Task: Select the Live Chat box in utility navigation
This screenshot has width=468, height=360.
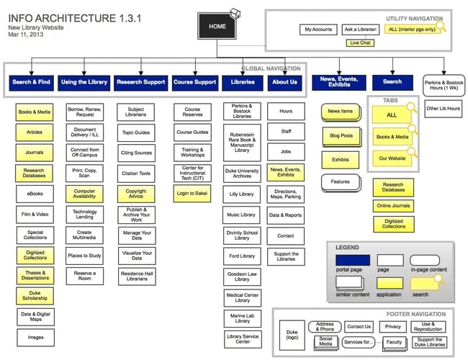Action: click(x=360, y=43)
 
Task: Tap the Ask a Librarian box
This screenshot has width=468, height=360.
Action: click(x=360, y=30)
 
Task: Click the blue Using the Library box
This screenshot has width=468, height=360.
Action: click(x=84, y=82)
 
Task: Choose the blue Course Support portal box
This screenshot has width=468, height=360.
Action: click(x=194, y=82)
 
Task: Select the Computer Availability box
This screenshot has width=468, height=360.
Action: click(x=84, y=194)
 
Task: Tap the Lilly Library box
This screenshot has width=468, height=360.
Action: click(x=241, y=194)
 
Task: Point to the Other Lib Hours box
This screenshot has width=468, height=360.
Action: click(x=444, y=109)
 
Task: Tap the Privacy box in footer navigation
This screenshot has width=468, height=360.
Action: click(x=393, y=327)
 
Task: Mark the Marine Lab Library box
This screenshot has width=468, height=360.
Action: click(x=241, y=318)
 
